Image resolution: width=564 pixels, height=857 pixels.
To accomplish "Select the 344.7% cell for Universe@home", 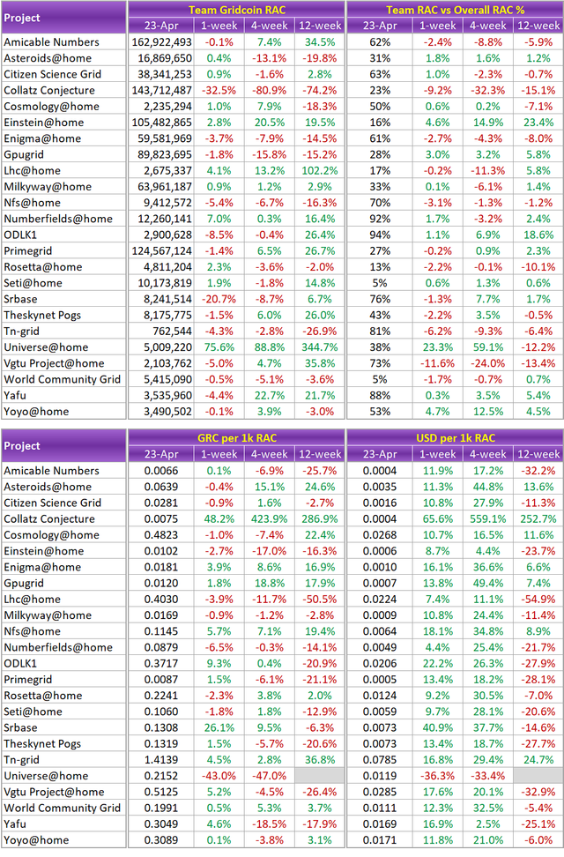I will pos(319,347).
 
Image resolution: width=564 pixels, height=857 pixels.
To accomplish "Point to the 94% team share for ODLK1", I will pos(381,235).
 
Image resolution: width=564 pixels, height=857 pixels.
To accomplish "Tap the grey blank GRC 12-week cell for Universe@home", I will pos(319,775).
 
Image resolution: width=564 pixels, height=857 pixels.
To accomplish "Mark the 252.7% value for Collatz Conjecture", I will pos(538,519).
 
